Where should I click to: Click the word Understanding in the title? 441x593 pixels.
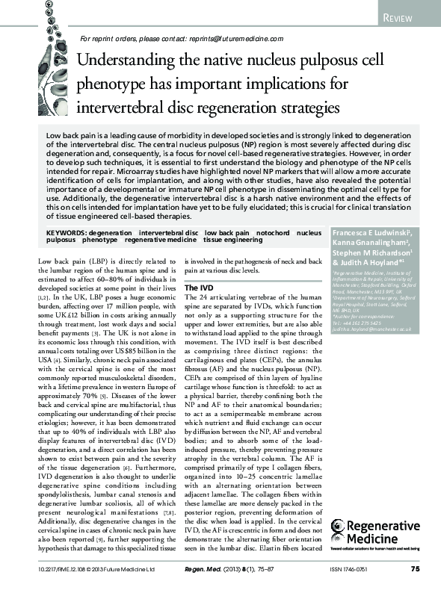(x=132, y=59)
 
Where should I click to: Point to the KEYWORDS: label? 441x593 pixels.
(x=72, y=233)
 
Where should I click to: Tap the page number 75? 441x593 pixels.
(x=415, y=569)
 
